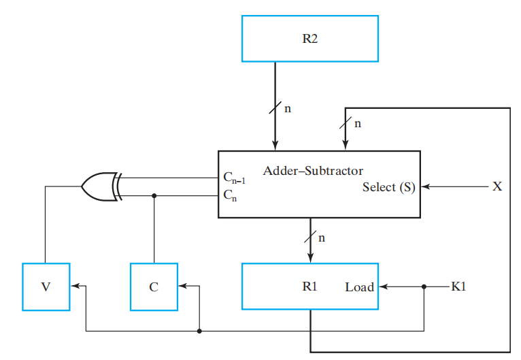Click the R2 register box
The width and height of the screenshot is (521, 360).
[x=310, y=38]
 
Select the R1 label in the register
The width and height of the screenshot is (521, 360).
[x=310, y=287]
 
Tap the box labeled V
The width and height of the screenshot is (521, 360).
[x=46, y=287]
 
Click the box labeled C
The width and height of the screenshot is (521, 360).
[x=154, y=287]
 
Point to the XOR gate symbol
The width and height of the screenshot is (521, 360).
[x=99, y=186]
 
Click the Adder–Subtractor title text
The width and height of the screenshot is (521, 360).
[x=313, y=170]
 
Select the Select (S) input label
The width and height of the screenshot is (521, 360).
[x=388, y=187]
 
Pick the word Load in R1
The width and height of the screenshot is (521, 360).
[x=360, y=287]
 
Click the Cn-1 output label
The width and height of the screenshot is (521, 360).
[x=233, y=178]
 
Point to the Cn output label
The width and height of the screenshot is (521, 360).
[x=231, y=195]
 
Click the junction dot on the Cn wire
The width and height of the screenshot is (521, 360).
[x=154, y=195]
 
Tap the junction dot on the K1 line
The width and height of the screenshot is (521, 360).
[x=424, y=287]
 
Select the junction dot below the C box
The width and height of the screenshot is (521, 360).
[x=199, y=331]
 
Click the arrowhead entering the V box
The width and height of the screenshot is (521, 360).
[x=74, y=287]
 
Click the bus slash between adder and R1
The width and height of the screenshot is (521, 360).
[x=311, y=238]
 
